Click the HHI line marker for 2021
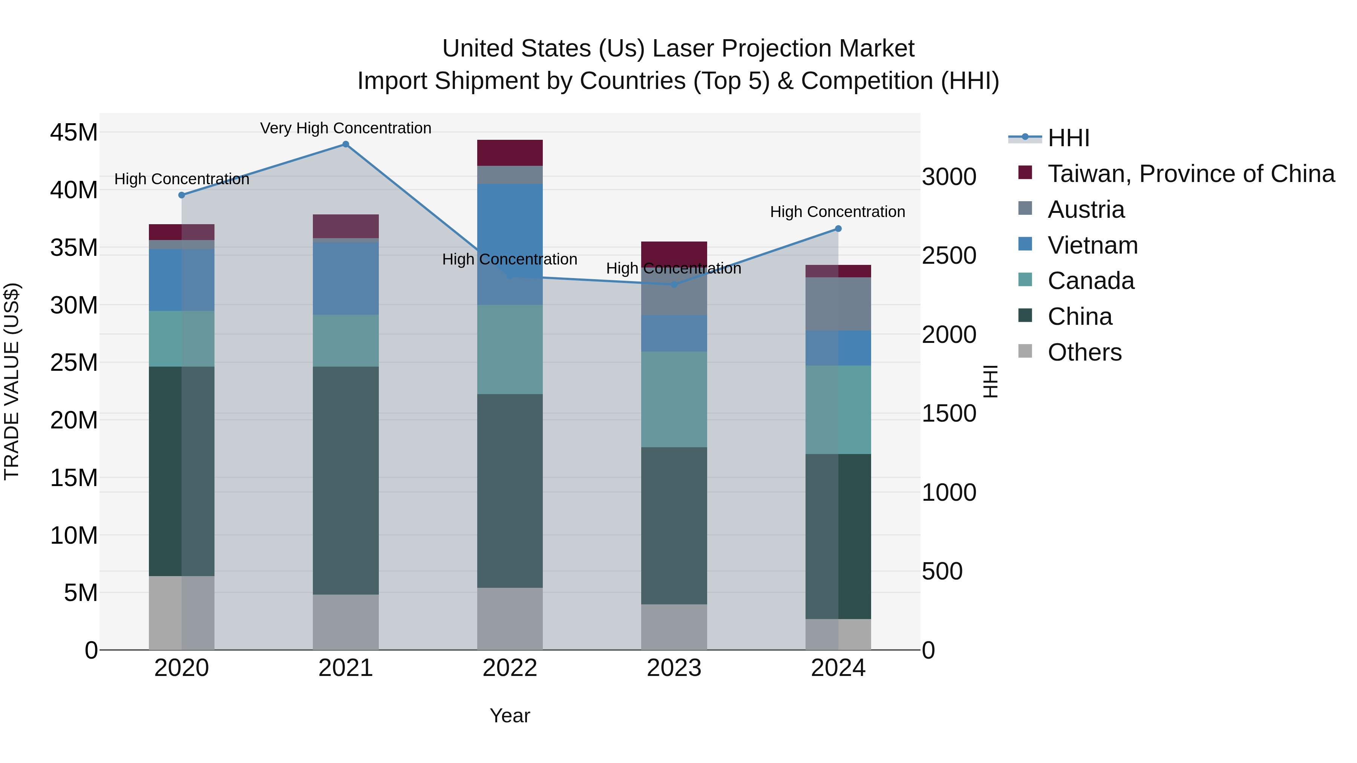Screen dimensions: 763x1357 [346, 144]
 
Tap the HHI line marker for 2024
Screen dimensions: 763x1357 [838, 229]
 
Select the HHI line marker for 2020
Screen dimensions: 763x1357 [182, 195]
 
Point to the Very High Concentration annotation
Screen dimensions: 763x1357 [346, 128]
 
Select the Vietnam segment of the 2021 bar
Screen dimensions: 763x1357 [346, 278]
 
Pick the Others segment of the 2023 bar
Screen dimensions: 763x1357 [674, 627]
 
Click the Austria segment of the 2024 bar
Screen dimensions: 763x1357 [838, 304]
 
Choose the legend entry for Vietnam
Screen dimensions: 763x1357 [1092, 245]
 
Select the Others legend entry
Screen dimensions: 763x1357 [1084, 352]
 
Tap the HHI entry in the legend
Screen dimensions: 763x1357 [1068, 138]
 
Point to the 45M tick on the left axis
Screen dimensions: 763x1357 [74, 132]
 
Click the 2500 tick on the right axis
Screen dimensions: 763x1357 [949, 255]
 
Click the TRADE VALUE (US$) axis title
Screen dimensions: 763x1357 [12, 381]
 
